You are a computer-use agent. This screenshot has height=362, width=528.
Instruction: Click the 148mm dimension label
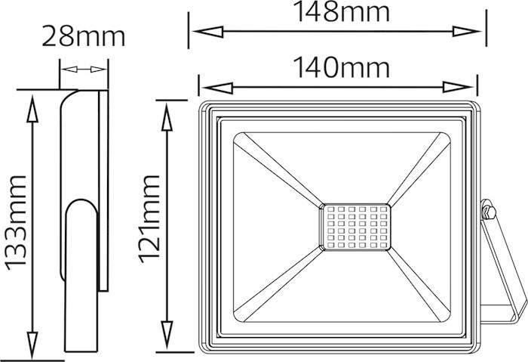[342, 12]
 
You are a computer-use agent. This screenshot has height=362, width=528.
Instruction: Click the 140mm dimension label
[342, 67]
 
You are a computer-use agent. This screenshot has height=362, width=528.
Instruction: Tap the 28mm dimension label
[84, 36]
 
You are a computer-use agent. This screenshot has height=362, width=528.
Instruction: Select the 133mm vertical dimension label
[15, 223]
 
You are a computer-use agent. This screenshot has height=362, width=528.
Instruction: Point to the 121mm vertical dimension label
[149, 219]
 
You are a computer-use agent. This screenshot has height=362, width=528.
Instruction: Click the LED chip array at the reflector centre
[355, 227]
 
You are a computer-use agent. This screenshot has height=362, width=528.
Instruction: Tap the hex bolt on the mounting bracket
[487, 210]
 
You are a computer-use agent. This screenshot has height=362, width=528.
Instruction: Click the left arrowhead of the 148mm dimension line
[208, 32]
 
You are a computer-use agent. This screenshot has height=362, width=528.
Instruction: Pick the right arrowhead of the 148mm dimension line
[466, 32]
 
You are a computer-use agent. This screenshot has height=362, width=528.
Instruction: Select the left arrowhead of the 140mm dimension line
[217, 88]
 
